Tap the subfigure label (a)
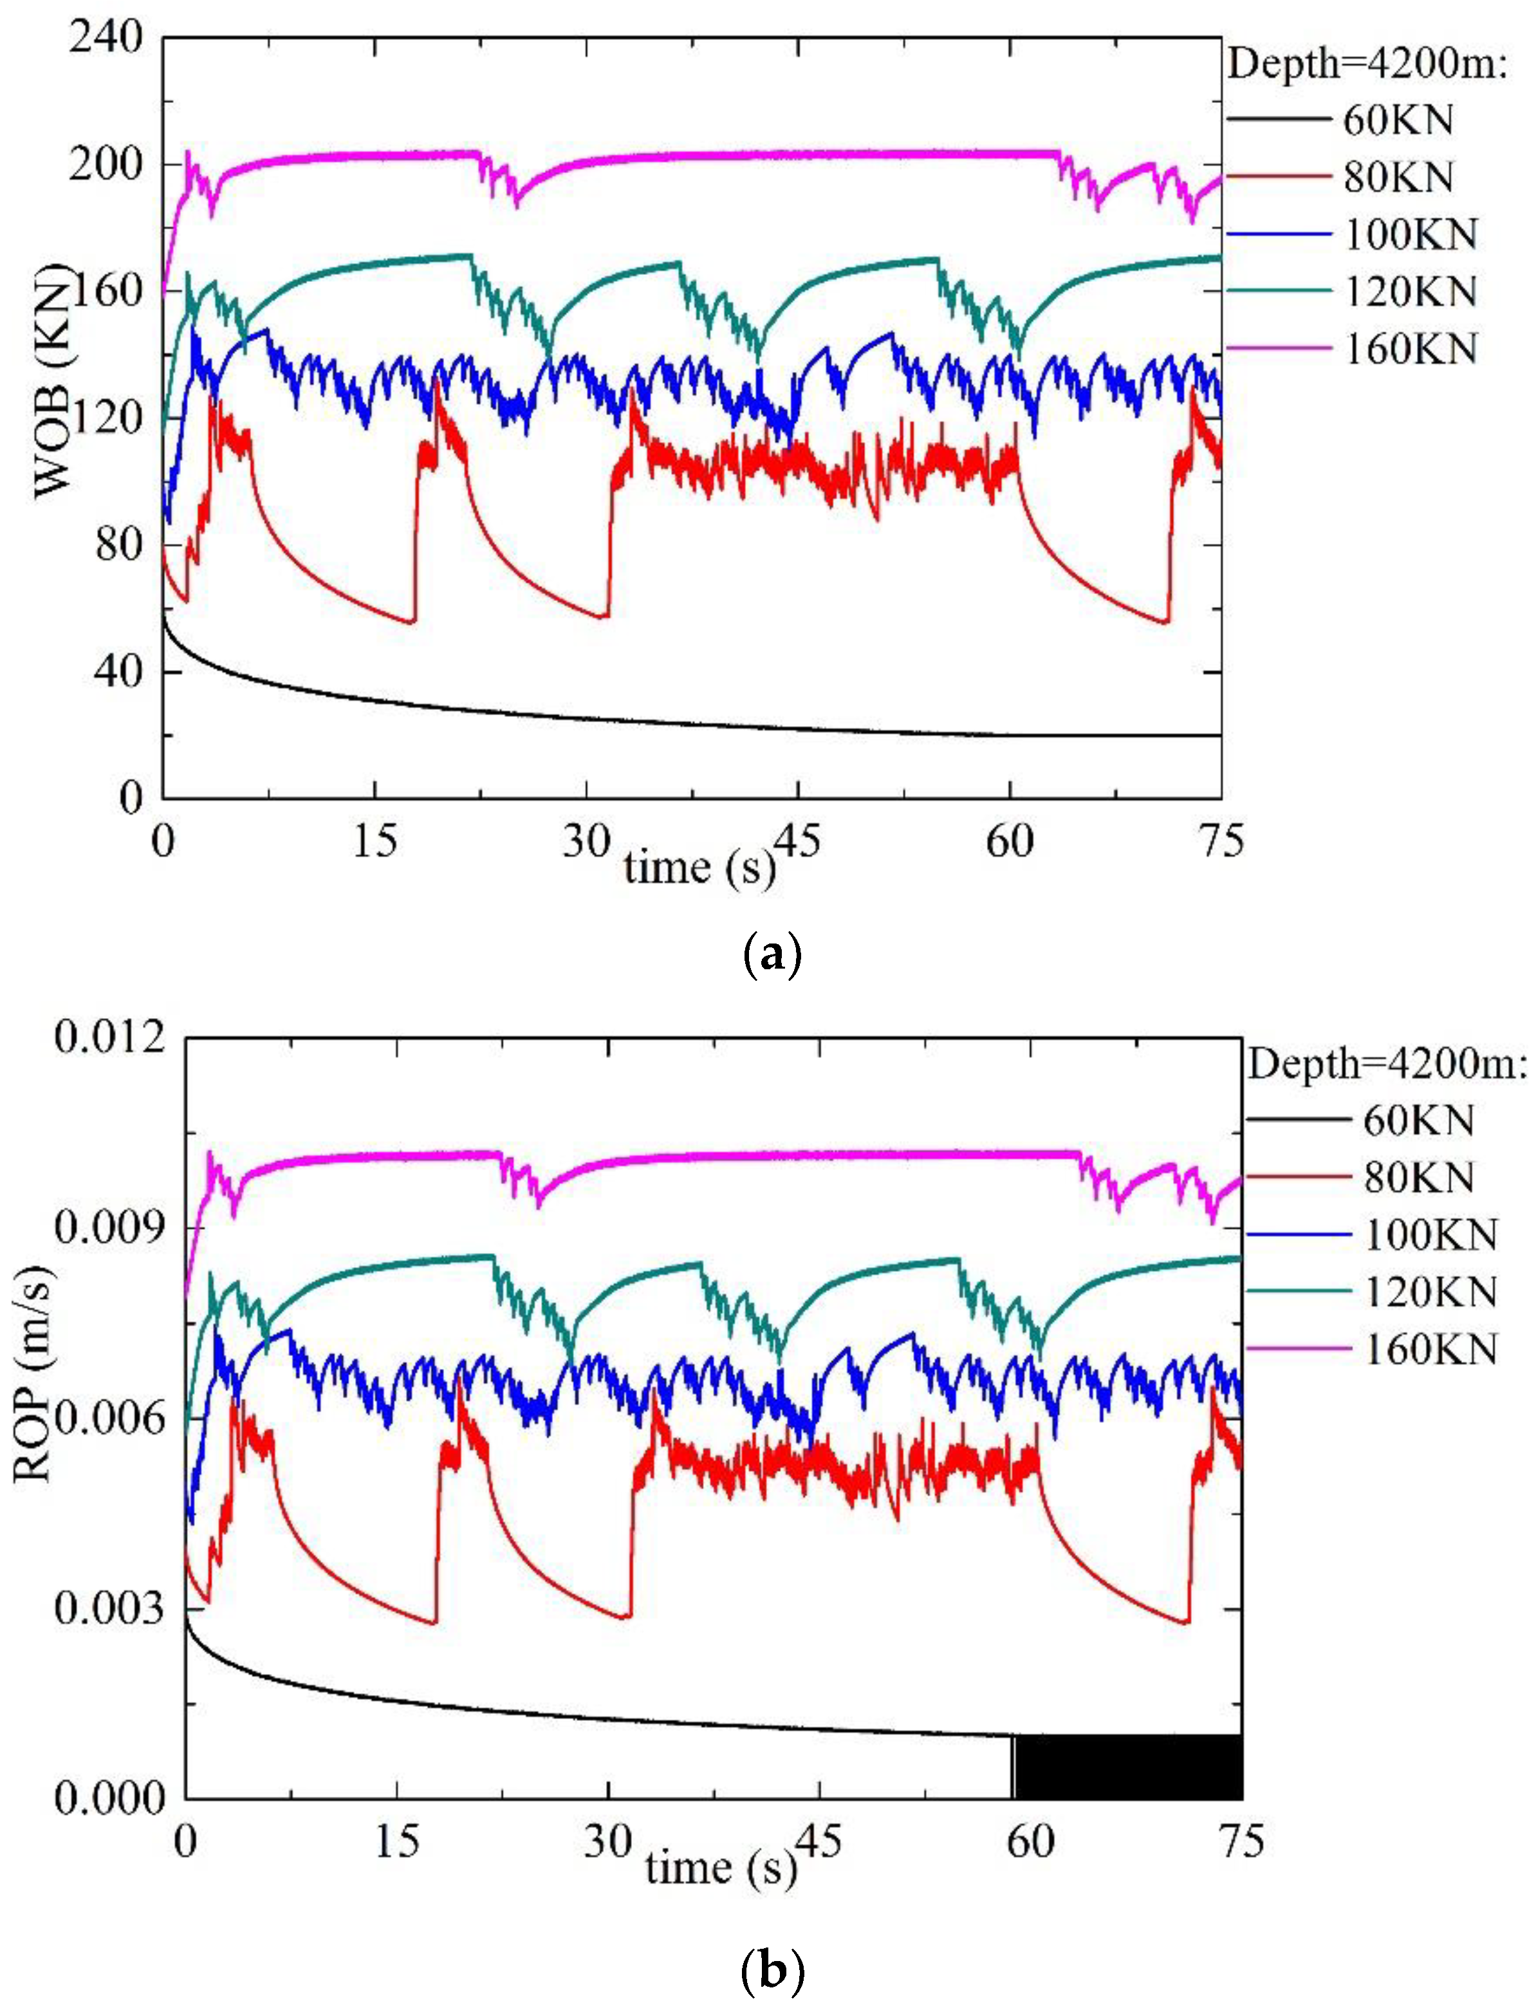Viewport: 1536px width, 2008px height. pos(773,956)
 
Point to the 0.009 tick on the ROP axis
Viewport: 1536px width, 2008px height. pos(109,1228)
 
